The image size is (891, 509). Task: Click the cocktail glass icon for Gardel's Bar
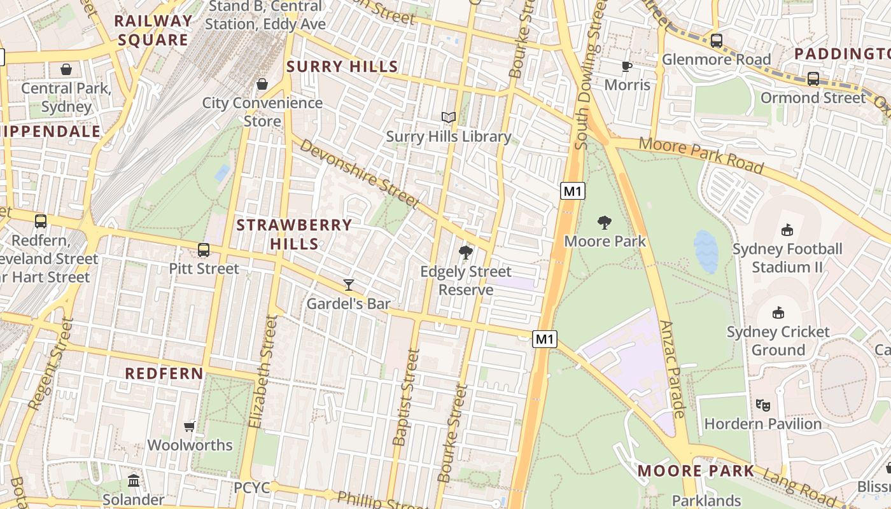click(349, 284)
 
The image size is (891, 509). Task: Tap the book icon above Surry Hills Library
click(449, 117)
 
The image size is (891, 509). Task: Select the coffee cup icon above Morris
click(627, 66)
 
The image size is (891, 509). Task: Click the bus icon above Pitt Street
click(204, 249)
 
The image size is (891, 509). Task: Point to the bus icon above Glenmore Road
click(717, 41)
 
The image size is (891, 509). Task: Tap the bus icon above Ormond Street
click(813, 79)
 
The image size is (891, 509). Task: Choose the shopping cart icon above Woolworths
click(189, 426)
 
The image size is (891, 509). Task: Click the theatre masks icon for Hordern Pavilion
click(762, 405)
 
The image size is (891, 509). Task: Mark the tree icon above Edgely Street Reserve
click(466, 253)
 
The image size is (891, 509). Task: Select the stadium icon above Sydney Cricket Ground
click(778, 312)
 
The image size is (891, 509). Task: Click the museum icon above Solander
click(134, 481)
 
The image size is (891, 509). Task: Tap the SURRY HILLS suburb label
click(342, 66)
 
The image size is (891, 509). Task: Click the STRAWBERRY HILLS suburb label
click(294, 234)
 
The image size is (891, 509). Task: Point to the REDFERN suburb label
click(164, 373)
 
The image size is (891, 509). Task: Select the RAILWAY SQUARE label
click(153, 30)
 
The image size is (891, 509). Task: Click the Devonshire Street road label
click(360, 174)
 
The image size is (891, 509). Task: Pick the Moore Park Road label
click(701, 155)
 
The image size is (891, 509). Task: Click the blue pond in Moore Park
click(706, 251)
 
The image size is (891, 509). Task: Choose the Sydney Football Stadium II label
click(787, 258)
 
